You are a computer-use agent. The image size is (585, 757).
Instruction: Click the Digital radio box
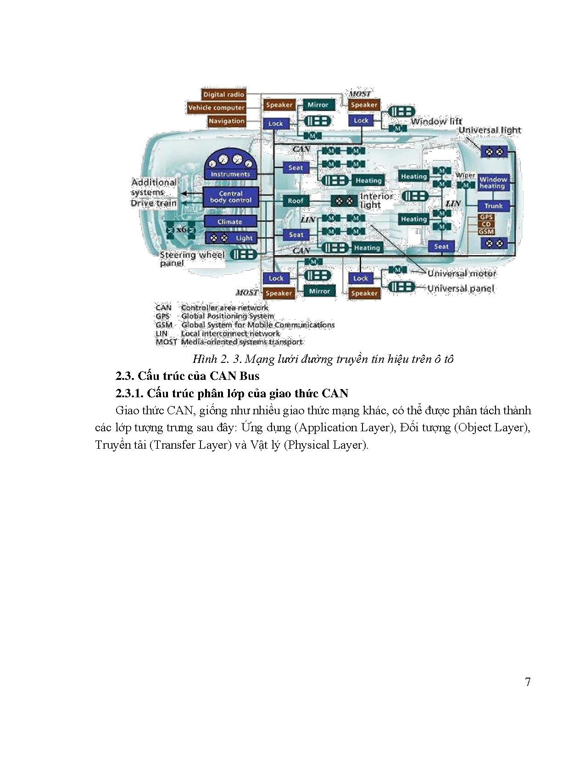point(223,95)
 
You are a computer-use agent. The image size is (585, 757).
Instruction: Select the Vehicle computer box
point(216,108)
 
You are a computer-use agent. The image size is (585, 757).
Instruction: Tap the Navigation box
point(226,121)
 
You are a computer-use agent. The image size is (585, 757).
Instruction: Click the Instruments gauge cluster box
point(230,166)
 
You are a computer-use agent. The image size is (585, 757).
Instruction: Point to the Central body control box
point(230,197)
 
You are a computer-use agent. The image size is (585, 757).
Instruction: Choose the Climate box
point(230,222)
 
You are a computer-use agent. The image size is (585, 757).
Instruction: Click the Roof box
point(295,200)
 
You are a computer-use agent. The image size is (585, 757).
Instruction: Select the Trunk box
point(493,206)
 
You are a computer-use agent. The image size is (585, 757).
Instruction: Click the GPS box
point(486,217)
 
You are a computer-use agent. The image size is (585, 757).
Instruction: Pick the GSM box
point(486,232)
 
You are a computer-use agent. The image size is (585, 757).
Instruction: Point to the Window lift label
point(436,122)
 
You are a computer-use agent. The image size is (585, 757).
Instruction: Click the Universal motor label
point(462,273)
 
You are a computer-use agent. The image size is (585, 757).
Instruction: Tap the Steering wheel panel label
point(192,259)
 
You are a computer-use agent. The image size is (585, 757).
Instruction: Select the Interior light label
point(377,200)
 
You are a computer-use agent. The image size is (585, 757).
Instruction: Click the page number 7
point(528,682)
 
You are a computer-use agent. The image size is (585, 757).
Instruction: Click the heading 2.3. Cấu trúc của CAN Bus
point(187,376)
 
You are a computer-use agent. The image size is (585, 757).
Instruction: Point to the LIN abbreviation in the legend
point(162,334)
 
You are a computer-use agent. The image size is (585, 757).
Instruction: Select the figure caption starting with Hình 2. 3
point(323,359)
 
